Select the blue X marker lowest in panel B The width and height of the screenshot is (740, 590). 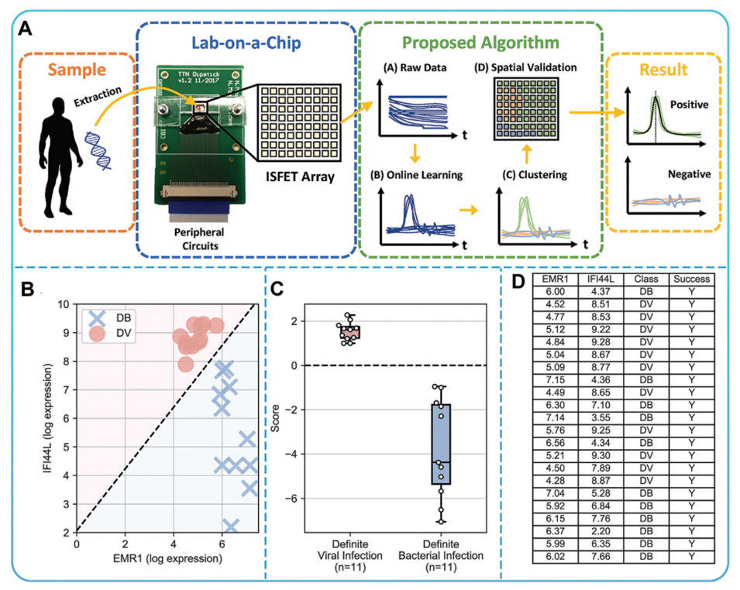230,526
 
